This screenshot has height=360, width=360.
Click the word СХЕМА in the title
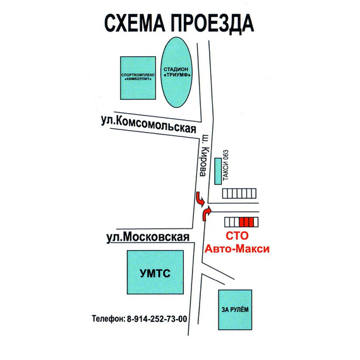pyautogui.click(x=135, y=23)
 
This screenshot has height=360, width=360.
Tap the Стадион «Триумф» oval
pyautogui.click(x=176, y=73)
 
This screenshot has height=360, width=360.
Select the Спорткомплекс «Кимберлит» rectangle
pyautogui.click(x=138, y=78)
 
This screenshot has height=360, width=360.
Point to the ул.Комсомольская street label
pyautogui.click(x=148, y=124)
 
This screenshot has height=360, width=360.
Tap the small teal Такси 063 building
pyautogui.click(x=218, y=171)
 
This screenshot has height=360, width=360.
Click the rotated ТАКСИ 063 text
pyautogui.click(x=225, y=165)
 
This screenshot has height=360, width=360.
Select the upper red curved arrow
pyautogui.click(x=200, y=199)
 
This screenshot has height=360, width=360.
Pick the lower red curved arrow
pyautogui.click(x=206, y=213)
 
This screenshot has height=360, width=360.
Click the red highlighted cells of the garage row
pyautogui.click(x=246, y=222)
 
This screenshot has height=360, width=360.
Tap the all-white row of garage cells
pyautogui.click(x=239, y=193)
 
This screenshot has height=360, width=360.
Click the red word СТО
pyautogui.click(x=237, y=236)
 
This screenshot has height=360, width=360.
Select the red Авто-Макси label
pyautogui.click(x=237, y=249)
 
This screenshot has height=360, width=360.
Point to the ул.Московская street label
pyautogui.click(x=148, y=237)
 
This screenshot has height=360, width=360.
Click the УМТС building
pyautogui.click(x=155, y=272)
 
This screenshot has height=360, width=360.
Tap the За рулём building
pyautogui.click(x=235, y=309)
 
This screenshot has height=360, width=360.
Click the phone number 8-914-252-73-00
pyautogui.click(x=157, y=319)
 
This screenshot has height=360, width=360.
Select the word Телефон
pyautogui.click(x=109, y=319)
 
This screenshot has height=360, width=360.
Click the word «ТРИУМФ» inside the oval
pyautogui.click(x=177, y=75)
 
